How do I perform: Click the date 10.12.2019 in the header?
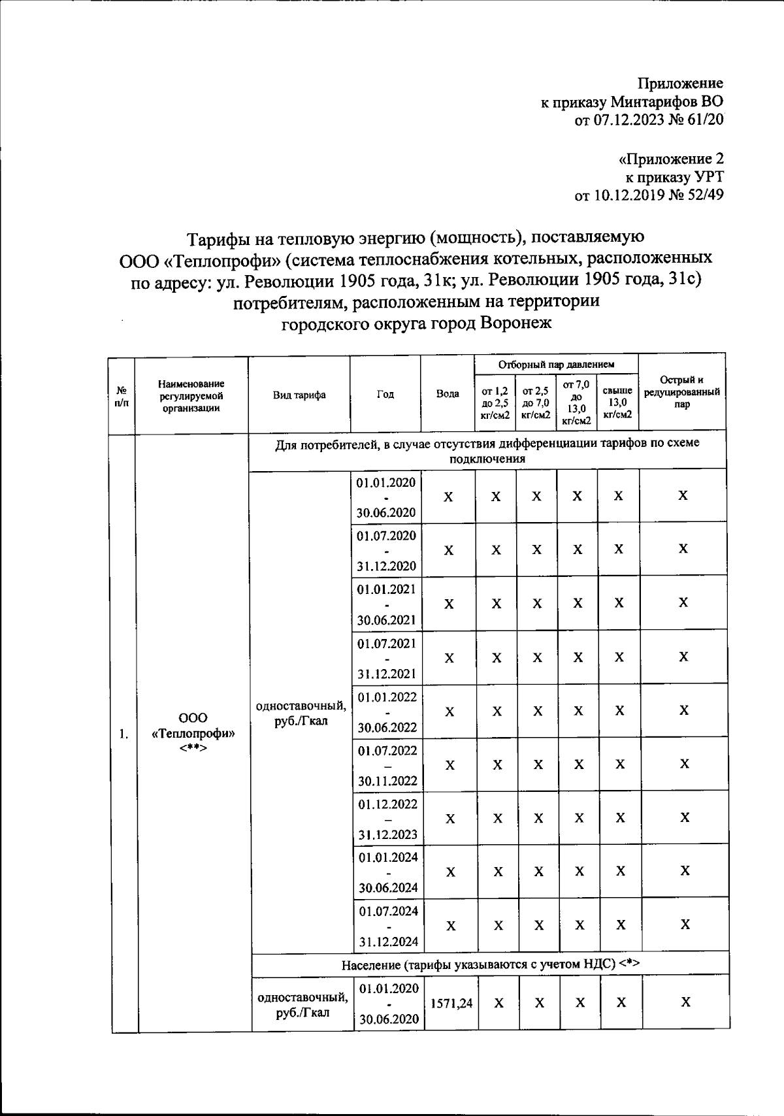(x=627, y=195)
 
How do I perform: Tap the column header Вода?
(x=448, y=394)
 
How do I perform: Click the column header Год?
(x=385, y=394)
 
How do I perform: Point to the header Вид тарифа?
(x=299, y=394)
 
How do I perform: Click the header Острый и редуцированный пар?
(x=682, y=392)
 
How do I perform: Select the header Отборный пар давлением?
(x=557, y=364)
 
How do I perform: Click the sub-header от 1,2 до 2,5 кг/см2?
(x=495, y=402)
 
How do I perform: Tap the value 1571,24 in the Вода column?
(x=451, y=1003)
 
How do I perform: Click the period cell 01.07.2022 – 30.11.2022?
(x=387, y=765)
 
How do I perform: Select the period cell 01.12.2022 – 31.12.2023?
(x=387, y=819)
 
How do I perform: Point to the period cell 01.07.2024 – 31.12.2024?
(x=388, y=926)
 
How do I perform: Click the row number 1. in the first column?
(x=123, y=733)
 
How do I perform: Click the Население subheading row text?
(x=490, y=964)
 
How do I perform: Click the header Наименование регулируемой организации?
(x=191, y=395)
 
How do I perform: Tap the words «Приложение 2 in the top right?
(x=671, y=159)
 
